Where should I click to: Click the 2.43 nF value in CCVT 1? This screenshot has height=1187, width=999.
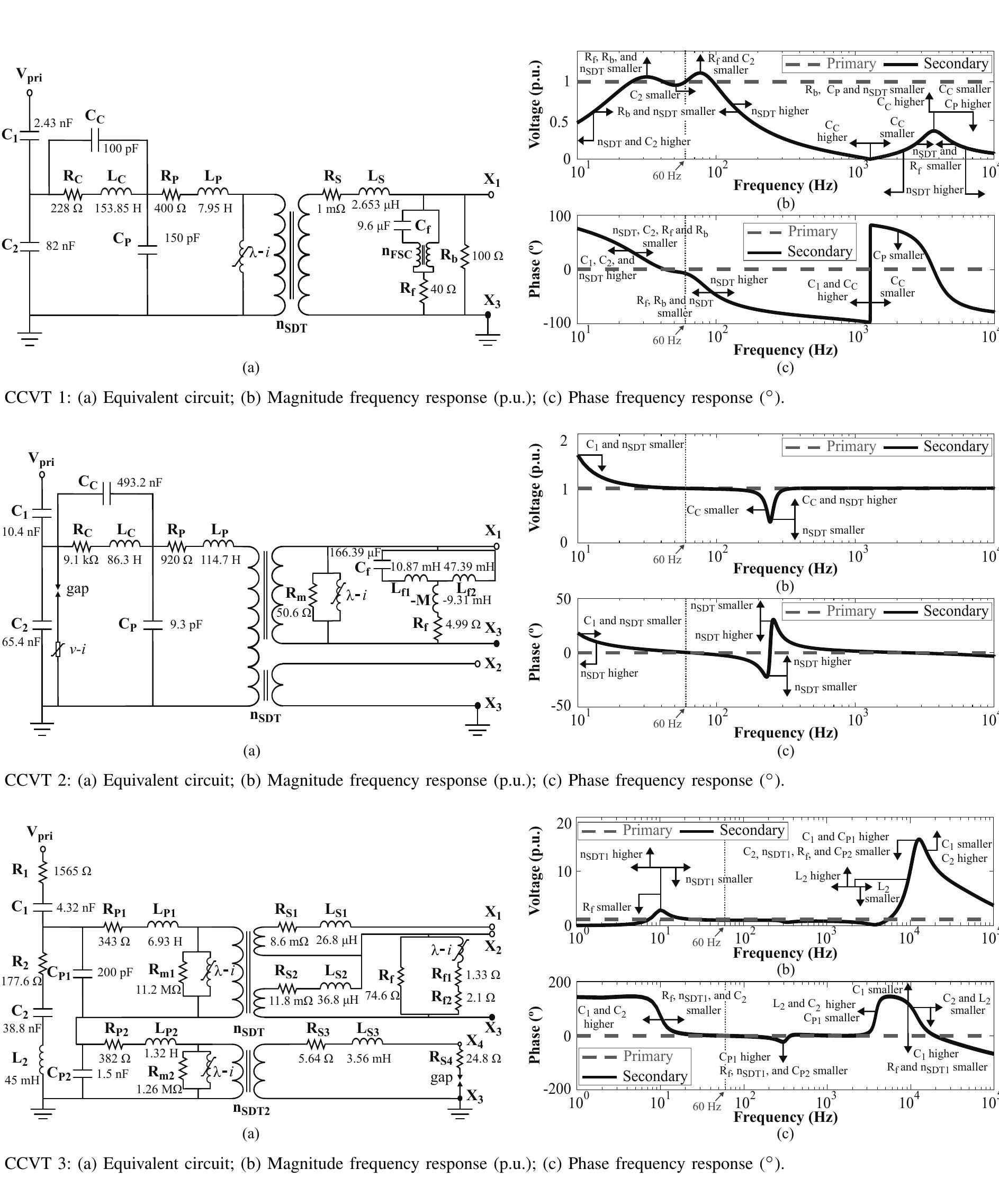tap(53, 123)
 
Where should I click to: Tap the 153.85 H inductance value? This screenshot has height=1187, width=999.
tap(118, 209)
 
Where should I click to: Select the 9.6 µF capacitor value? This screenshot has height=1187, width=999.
tap(373, 226)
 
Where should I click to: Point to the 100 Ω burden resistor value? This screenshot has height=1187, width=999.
tap(488, 256)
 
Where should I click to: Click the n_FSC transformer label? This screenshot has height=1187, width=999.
tap(397, 253)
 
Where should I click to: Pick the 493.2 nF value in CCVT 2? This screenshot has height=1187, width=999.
tap(139, 482)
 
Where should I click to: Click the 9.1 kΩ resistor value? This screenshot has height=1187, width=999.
tap(81, 560)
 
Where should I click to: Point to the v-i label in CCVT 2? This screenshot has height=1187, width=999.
tap(78, 650)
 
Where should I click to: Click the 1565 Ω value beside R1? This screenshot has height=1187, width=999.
tap(73, 871)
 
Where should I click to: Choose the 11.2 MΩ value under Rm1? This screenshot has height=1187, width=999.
tap(159, 990)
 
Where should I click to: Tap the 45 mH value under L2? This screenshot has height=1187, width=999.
tap(22, 1080)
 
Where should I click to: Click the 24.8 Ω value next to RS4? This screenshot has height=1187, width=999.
tap(484, 1058)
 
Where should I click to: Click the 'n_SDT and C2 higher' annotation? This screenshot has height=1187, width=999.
tap(644, 141)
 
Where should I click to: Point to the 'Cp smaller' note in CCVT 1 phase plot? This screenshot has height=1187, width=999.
tap(898, 255)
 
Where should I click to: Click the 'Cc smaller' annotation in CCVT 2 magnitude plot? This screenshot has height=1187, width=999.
tap(713, 510)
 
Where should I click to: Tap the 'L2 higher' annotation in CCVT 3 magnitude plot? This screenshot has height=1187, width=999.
tap(818, 876)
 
